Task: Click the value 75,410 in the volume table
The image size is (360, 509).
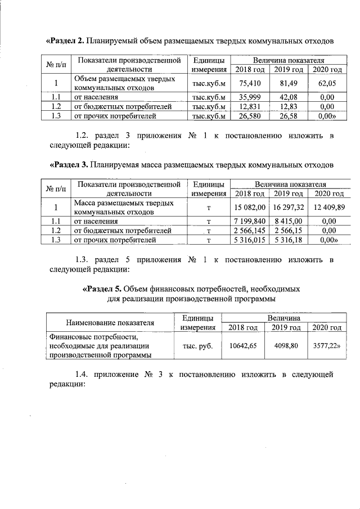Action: (249, 83)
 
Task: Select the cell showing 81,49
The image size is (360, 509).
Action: (288, 83)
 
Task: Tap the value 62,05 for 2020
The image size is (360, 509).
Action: (326, 83)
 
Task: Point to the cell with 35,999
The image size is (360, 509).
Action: (249, 97)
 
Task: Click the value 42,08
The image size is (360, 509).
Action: (288, 97)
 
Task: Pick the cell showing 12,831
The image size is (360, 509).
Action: (249, 106)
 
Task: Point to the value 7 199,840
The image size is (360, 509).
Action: (250, 222)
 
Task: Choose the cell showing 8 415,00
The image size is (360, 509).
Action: (288, 222)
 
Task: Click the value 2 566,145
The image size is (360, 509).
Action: (250, 231)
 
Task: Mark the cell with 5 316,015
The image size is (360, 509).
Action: (250, 241)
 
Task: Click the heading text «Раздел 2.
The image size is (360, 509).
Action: (65, 40)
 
